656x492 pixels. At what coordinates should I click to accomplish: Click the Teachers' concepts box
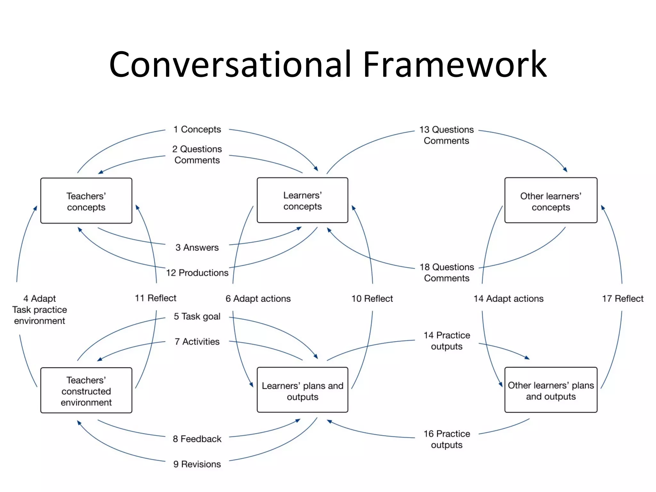click(86, 201)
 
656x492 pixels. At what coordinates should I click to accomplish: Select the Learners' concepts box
click(302, 200)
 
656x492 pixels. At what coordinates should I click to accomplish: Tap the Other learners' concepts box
click(551, 201)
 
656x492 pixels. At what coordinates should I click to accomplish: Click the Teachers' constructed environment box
click(86, 390)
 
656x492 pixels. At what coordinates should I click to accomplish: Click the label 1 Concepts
click(197, 129)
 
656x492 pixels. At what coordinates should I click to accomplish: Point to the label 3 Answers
click(197, 247)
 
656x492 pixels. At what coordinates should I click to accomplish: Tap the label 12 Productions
click(197, 273)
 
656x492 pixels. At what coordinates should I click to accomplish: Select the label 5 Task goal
click(197, 316)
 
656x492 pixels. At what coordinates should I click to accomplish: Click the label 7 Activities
click(197, 341)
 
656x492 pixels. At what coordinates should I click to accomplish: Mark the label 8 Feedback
click(197, 439)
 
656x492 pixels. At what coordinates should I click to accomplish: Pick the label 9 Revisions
click(197, 464)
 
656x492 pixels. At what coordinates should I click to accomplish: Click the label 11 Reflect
click(155, 298)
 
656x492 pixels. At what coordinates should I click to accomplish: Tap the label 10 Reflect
click(372, 299)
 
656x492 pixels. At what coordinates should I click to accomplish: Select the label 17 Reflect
click(622, 299)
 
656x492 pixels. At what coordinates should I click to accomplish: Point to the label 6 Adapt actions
click(258, 299)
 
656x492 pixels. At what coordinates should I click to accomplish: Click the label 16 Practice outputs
click(447, 439)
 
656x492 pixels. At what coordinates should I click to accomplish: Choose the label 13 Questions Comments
click(447, 135)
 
